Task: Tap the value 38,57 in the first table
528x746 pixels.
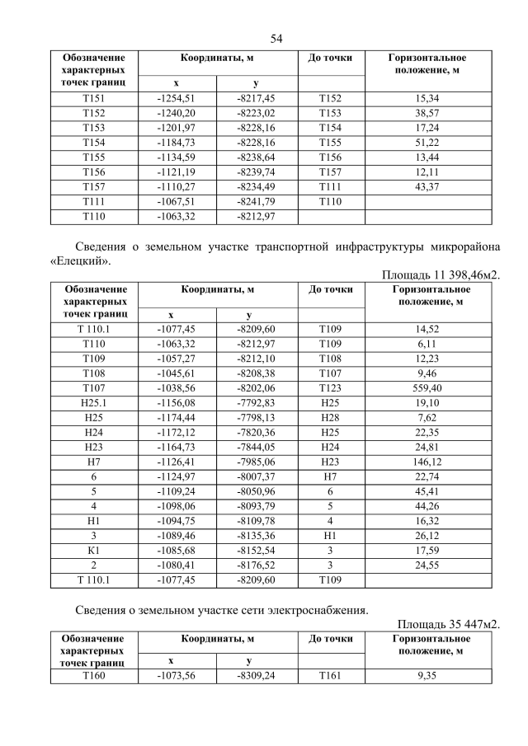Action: coord(428,113)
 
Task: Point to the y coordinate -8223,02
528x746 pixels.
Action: coord(257,113)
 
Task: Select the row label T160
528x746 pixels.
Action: coord(94,676)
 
